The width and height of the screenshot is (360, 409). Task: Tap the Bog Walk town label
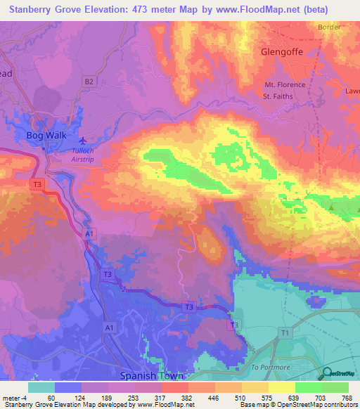pyautogui.click(x=44, y=135)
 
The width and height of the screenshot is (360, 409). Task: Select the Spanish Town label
pyautogui.click(x=150, y=376)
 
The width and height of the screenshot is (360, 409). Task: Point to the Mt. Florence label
pyautogui.click(x=285, y=85)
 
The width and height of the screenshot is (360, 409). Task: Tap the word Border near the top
pyautogui.click(x=328, y=27)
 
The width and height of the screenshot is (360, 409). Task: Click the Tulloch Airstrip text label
pyautogui.click(x=88, y=154)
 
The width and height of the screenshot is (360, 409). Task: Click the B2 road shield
pyautogui.click(x=89, y=82)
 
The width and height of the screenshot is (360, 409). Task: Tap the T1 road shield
pyautogui.click(x=284, y=332)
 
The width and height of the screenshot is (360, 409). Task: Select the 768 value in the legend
pyautogui.click(x=346, y=398)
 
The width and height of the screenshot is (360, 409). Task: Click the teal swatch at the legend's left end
pyautogui.click(x=41, y=387)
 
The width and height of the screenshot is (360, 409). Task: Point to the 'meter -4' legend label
pyautogui.click(x=13, y=398)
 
